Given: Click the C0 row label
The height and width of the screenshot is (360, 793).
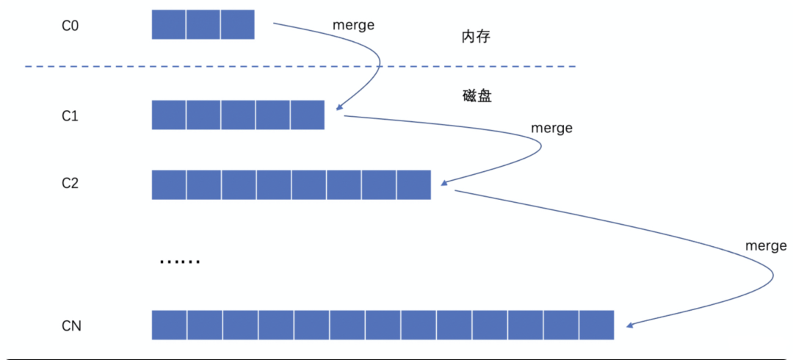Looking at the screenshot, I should pyautogui.click(x=70, y=25).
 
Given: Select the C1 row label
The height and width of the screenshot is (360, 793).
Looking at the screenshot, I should pyautogui.click(x=70, y=115).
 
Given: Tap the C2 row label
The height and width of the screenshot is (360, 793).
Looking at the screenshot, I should pyautogui.click(x=70, y=184).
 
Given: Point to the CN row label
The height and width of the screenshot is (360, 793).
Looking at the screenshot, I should pyautogui.click(x=71, y=325).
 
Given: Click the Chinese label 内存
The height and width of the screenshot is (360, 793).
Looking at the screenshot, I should pyautogui.click(x=470, y=37).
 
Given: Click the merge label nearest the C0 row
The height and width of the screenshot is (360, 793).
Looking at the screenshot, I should pyautogui.click(x=353, y=25).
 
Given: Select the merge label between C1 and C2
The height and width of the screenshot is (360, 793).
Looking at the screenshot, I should pyautogui.click(x=551, y=128).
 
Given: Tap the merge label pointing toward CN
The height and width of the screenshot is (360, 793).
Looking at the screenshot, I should pyautogui.click(x=766, y=245).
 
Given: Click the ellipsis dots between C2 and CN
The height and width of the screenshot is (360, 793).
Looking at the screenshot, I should pyautogui.click(x=179, y=261).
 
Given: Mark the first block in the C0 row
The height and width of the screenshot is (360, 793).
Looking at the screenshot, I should pyautogui.click(x=169, y=24).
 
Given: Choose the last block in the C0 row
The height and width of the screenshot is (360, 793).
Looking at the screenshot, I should pyautogui.click(x=237, y=24).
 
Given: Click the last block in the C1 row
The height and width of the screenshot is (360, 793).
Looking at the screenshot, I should pyautogui.click(x=307, y=115).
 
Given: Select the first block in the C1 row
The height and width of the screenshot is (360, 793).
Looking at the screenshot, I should pyautogui.click(x=169, y=115).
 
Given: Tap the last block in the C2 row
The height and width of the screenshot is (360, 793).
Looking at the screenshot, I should pyautogui.click(x=413, y=184).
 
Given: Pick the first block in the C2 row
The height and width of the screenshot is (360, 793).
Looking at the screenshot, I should pyautogui.click(x=169, y=184).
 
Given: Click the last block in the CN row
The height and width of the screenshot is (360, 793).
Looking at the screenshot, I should pyautogui.click(x=595, y=325).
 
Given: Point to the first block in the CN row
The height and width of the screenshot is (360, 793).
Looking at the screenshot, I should pyautogui.click(x=170, y=325).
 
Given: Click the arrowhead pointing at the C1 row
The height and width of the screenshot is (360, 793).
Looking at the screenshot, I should pyautogui.click(x=338, y=109).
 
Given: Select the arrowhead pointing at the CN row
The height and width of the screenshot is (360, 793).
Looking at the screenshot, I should pyautogui.click(x=629, y=324).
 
